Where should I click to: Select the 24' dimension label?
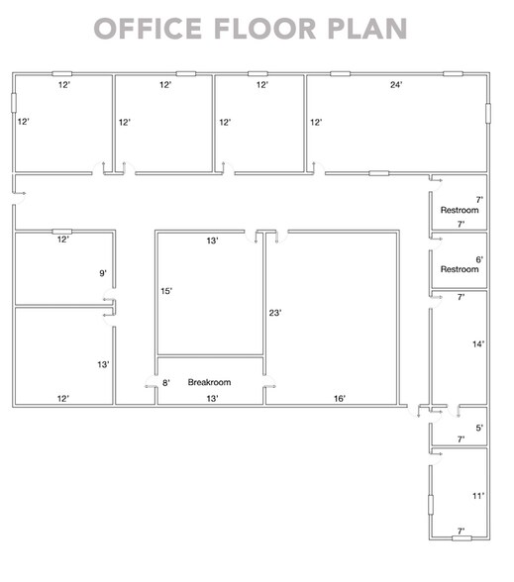click(395, 85)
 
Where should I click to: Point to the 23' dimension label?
click(276, 313)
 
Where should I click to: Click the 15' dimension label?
click(168, 291)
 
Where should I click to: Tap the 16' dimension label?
click(339, 398)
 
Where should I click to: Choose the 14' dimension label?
click(478, 344)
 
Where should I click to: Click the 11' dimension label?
click(477, 495)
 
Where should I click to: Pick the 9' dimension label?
click(103, 273)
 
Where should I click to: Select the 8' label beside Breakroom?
click(166, 382)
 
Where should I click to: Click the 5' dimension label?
click(479, 428)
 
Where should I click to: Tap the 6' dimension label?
click(479, 259)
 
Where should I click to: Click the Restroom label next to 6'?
click(460, 269)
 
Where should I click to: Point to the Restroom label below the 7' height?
click(460, 211)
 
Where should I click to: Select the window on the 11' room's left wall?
click(430, 505)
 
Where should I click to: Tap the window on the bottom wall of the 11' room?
click(460, 538)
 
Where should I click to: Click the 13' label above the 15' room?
click(212, 241)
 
